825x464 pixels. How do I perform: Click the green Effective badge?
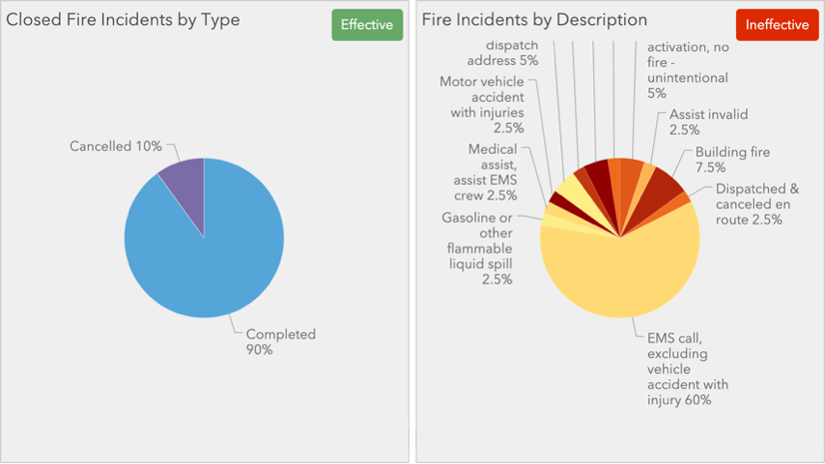[x=367, y=25]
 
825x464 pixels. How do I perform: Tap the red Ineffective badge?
[x=776, y=25]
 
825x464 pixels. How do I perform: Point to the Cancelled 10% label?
[x=116, y=147]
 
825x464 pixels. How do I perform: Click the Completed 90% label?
[x=281, y=342]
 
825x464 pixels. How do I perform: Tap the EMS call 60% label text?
[x=687, y=369]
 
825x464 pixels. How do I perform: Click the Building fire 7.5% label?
[x=732, y=160]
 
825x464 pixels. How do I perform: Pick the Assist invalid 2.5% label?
[x=708, y=122]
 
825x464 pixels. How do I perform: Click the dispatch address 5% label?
[x=511, y=53]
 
